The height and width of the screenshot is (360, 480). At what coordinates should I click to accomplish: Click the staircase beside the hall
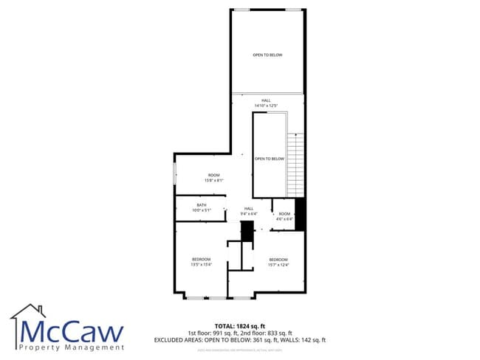tap(295, 164)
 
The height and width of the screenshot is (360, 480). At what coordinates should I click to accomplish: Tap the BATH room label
tap(202, 205)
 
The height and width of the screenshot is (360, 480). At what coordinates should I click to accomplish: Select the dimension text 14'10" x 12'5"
tap(267, 106)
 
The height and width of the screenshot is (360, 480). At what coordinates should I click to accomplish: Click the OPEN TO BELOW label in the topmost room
tap(267, 55)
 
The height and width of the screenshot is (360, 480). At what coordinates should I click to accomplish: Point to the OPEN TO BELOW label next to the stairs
tap(270, 159)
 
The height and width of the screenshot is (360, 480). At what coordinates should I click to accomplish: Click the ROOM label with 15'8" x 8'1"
tap(213, 175)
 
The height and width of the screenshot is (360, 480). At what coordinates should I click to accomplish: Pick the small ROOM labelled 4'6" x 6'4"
tap(284, 214)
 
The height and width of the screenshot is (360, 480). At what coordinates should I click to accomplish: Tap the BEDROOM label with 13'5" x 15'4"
tap(202, 259)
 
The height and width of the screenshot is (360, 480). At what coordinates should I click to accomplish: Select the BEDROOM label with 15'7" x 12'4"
tap(278, 260)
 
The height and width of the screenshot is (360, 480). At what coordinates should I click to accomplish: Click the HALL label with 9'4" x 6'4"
tap(249, 209)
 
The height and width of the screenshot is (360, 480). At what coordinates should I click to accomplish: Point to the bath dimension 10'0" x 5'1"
tap(202, 211)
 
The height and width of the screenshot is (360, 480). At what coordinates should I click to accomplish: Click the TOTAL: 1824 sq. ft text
tap(239, 325)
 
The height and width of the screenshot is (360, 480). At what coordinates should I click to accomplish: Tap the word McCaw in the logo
tap(72, 331)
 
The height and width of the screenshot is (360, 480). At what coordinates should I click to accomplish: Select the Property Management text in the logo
tap(72, 347)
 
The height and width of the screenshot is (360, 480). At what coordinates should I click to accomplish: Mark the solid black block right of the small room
tap(300, 213)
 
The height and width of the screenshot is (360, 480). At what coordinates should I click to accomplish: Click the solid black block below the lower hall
tap(247, 231)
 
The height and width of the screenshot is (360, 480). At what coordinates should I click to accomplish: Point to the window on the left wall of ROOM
tap(175, 175)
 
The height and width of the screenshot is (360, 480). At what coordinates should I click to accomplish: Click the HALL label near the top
tap(266, 100)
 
